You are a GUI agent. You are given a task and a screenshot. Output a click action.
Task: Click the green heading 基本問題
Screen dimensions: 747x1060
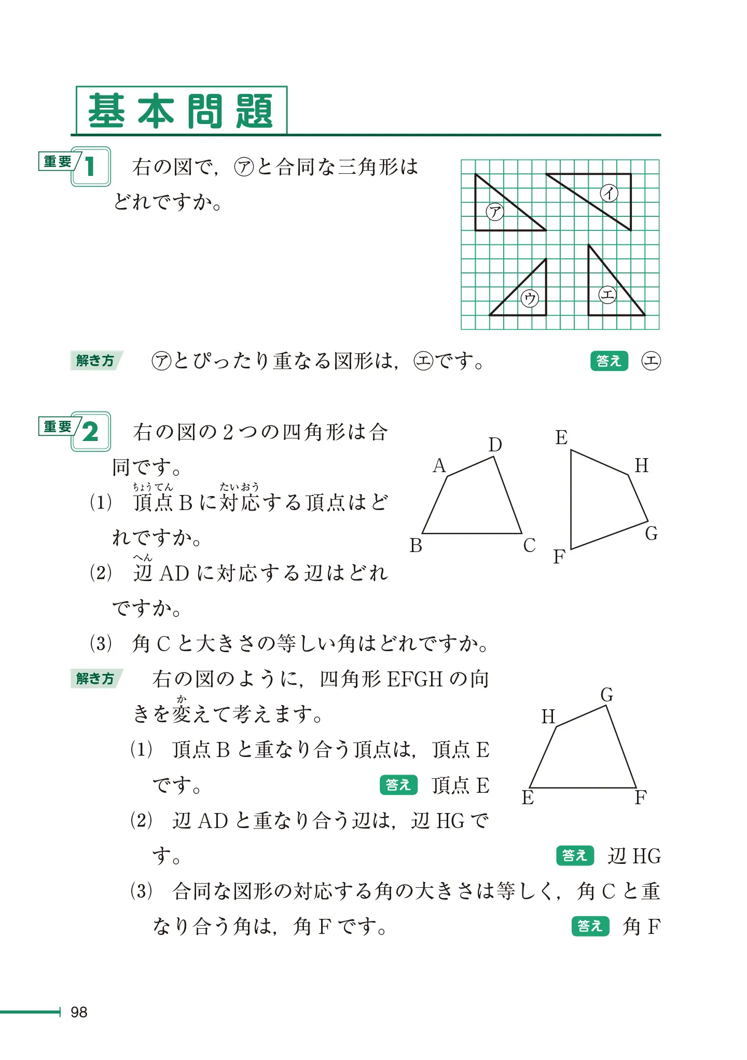point(181,111)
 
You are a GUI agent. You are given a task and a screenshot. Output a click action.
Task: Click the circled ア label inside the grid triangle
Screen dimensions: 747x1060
point(495,211)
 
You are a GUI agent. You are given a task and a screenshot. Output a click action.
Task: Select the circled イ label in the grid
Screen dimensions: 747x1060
point(609,193)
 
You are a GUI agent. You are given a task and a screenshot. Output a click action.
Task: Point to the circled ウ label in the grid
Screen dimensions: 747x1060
point(530,298)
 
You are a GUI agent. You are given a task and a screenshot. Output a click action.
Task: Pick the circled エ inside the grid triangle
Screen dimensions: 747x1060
point(607,295)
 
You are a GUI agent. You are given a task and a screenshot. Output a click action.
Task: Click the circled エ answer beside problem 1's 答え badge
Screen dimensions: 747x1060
point(651,361)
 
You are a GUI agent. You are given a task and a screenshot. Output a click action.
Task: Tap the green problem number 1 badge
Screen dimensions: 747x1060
point(91,167)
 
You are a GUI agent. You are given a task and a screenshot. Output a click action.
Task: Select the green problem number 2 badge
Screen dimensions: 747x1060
point(91,432)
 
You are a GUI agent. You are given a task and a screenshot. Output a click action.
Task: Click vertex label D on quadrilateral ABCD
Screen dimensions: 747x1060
point(495,445)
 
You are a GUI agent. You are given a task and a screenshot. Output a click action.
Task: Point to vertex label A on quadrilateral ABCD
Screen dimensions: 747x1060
point(439,466)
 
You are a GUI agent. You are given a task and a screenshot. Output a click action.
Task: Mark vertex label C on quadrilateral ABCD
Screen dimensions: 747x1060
point(529,545)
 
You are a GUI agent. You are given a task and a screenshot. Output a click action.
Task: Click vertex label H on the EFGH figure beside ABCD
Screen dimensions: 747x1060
point(642,465)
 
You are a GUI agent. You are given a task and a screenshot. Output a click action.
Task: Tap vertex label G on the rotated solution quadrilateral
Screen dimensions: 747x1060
point(606,694)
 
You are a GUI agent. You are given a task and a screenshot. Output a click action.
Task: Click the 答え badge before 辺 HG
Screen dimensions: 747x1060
point(574,856)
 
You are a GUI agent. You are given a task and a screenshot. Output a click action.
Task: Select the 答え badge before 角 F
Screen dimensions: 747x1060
point(590,926)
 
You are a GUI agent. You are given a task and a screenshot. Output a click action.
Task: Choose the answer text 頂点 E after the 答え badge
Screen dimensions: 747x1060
point(461,786)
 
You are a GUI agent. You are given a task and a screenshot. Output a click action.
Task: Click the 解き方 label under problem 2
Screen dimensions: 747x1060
point(95,679)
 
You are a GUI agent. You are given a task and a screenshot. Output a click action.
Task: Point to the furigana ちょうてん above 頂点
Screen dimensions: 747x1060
point(153,487)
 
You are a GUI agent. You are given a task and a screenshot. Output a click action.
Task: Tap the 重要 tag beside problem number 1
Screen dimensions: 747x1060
point(58,162)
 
